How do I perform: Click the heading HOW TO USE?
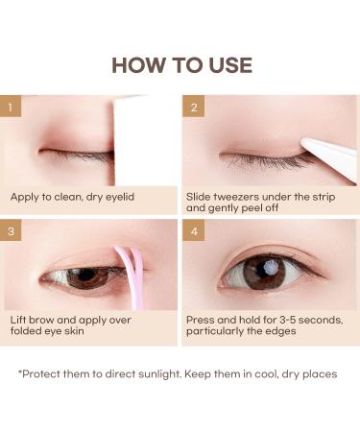click(180, 65)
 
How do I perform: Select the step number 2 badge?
click(194, 108)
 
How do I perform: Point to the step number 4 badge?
click(194, 231)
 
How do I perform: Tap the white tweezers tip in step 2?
click(313, 145)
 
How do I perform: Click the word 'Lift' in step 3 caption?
click(21, 319)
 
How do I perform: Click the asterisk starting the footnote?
click(21, 372)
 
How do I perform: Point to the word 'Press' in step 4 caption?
click(204, 319)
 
